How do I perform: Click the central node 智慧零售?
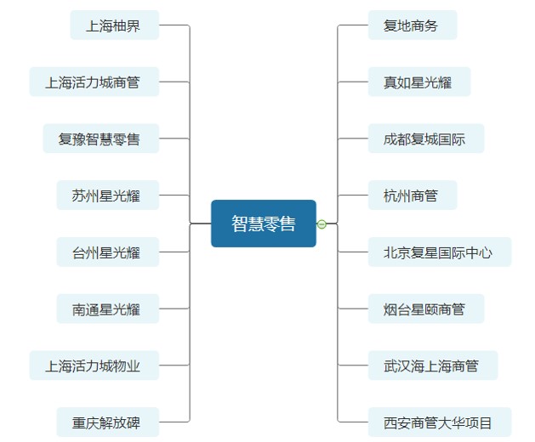pyautogui.click(x=264, y=224)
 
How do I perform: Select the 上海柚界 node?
pyautogui.click(x=114, y=25)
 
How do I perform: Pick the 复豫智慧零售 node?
pyautogui.click(x=100, y=139)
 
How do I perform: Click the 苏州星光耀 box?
pyautogui.click(x=107, y=195)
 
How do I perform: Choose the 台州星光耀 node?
pyautogui.click(x=107, y=252)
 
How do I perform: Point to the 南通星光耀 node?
pyautogui.click(x=107, y=309)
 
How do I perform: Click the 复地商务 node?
pyautogui.click(x=412, y=25)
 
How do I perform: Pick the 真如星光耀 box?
pyautogui.click(x=418, y=82)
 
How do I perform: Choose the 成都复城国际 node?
pyautogui.click(x=425, y=139)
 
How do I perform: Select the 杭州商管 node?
pyautogui.click(x=412, y=195)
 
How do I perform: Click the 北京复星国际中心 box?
pyautogui.click(x=439, y=252)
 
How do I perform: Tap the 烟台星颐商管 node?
pyautogui.click(x=425, y=309)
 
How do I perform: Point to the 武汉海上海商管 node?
pyautogui.click(x=432, y=366)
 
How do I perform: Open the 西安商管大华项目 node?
pyautogui.click(x=439, y=422)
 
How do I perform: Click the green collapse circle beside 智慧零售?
pyautogui.click(x=322, y=224)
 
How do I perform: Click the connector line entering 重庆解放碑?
pyautogui.click(x=174, y=422)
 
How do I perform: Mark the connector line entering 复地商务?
pyautogui.click(x=352, y=25)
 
